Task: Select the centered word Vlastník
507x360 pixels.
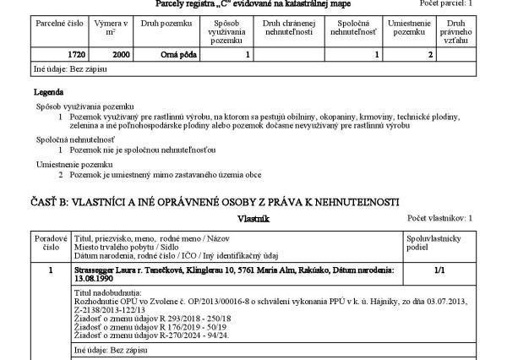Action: tap(253, 219)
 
